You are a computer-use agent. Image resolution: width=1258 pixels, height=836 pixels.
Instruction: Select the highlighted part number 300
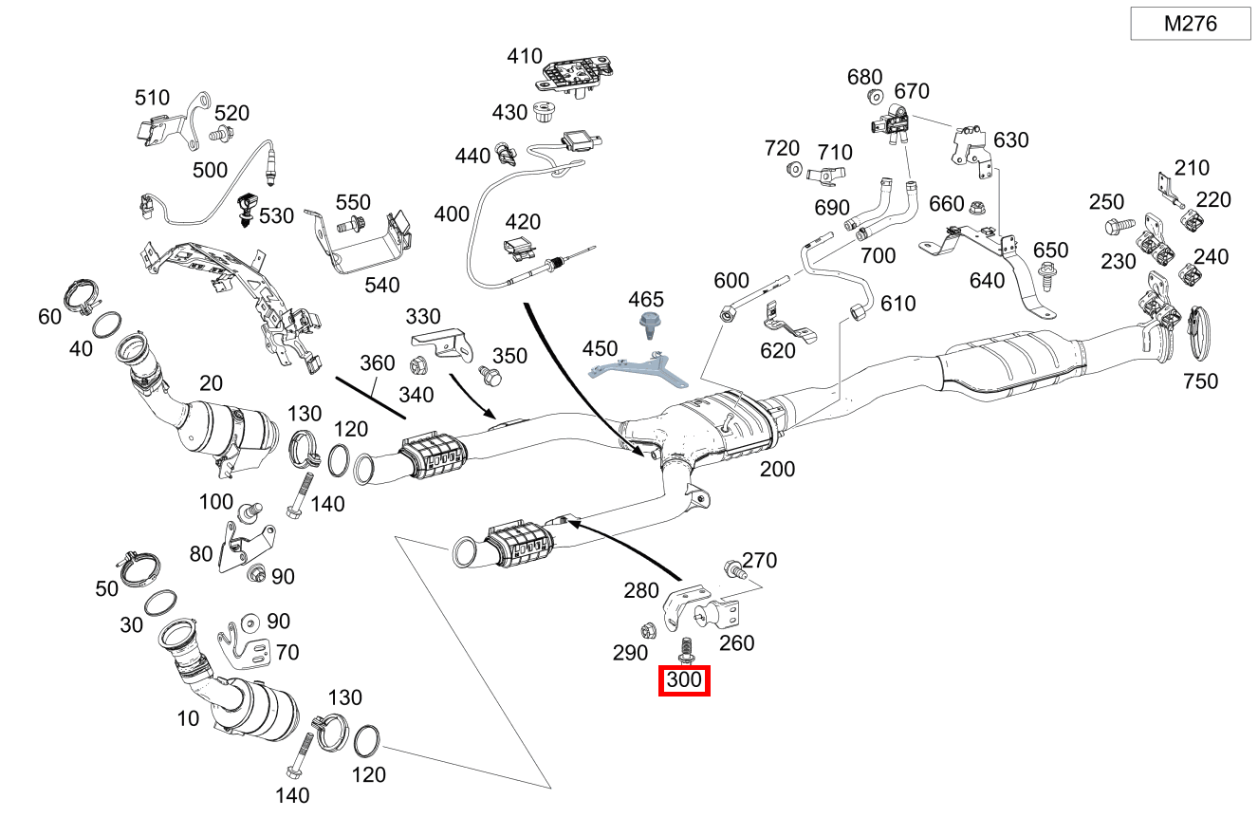pos(684,680)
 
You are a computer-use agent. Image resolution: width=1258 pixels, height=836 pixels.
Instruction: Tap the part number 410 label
pos(525,56)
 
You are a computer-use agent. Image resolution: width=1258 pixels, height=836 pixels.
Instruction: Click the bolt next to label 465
pos(651,325)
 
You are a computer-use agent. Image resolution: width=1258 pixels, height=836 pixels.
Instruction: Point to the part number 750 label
pos(1200,381)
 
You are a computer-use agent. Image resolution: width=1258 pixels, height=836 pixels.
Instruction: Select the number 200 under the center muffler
pos(777,469)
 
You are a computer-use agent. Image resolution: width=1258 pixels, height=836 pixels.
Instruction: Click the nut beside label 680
pos(875,97)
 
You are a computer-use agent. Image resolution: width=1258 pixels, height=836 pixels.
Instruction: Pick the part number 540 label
pos(382,285)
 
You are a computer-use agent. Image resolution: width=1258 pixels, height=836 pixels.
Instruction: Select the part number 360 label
pos(377,362)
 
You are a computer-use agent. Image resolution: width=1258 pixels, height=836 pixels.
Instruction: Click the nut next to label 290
pos(649,628)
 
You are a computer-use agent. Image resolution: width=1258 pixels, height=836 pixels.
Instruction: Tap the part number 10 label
pos(188,718)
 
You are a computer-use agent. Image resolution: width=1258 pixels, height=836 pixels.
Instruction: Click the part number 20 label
pos(211,383)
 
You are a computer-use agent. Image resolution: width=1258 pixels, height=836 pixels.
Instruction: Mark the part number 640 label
pos(987,280)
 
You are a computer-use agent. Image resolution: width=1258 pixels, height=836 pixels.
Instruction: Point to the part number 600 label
pos(731,281)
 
